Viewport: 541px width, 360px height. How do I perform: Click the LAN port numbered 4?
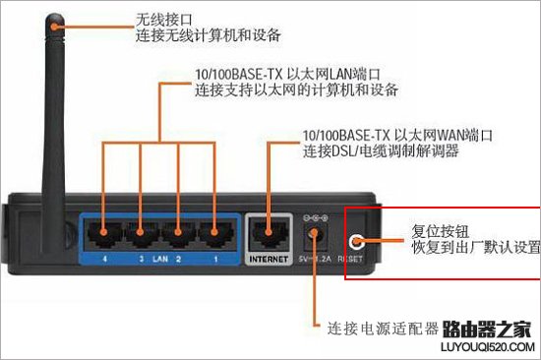tap(104, 235)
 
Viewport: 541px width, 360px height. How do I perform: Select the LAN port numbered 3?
tap(141, 235)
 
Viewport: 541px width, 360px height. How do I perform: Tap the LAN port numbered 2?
tap(178, 235)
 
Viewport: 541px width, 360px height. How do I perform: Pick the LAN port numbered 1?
tap(215, 235)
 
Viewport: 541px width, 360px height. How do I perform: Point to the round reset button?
tap(356, 242)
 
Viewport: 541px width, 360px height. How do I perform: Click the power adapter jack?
tap(315, 236)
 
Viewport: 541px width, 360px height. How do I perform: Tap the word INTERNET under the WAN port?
tap(269, 260)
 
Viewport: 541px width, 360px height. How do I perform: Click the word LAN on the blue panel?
tap(160, 259)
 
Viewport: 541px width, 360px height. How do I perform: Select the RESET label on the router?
tap(350, 259)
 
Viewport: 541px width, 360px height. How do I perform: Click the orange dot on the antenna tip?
tap(54, 27)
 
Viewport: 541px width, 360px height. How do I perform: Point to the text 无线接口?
tap(163, 20)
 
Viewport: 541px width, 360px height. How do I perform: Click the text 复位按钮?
tap(441, 231)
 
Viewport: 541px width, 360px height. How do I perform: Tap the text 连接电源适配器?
tap(383, 329)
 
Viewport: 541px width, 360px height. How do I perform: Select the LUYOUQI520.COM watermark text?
tap(488, 346)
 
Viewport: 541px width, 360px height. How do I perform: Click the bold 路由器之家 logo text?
tap(487, 329)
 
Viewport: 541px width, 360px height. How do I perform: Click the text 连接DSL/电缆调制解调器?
tap(381, 151)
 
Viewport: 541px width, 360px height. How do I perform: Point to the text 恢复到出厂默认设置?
tap(476, 248)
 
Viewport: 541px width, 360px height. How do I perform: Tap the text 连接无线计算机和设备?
tap(209, 35)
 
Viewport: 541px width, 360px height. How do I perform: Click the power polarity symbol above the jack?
tap(316, 217)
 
